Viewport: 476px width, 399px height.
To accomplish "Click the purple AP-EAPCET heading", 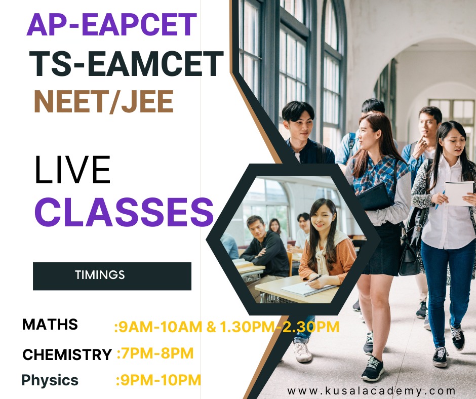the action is click(x=112, y=25).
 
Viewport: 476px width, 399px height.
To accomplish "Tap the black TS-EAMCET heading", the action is click(x=126, y=64).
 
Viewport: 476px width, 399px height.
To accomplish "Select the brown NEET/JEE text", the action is click(x=103, y=102).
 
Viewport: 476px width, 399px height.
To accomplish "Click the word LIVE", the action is click(x=72, y=170).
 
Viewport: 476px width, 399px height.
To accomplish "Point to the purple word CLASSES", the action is click(x=124, y=212).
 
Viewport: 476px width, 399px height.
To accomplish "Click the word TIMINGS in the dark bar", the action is click(x=100, y=275).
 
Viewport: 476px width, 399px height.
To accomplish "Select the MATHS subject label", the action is click(x=50, y=324).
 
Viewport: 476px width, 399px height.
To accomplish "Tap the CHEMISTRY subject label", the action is click(x=67, y=354).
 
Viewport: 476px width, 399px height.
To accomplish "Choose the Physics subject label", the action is click(x=50, y=380).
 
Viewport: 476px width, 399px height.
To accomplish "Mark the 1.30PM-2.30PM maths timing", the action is click(x=280, y=327).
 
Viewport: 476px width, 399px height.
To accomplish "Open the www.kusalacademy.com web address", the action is click(x=371, y=391).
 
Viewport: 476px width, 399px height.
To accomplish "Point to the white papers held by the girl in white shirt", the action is click(x=459, y=193).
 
